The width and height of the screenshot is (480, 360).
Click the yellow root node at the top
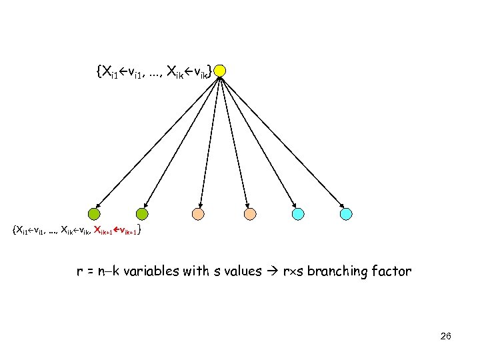pos(221,71)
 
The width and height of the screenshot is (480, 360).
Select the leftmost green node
pos(94,214)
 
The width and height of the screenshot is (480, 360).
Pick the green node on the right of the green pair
pos(142,214)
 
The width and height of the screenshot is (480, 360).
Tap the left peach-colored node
pos(199,214)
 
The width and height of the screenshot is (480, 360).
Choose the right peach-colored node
pos(249,214)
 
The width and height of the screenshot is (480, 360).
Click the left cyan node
pos(298,214)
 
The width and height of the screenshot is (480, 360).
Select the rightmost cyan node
pos(347,214)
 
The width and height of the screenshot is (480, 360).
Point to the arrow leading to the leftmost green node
pos(157,142)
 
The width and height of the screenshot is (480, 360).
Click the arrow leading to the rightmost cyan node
pos(283,142)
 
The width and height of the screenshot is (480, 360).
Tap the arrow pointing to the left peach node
pos(210,142)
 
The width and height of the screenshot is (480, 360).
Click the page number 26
pos(446,336)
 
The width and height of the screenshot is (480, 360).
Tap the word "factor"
pos(395,272)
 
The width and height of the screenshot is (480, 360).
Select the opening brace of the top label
pos(99,70)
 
